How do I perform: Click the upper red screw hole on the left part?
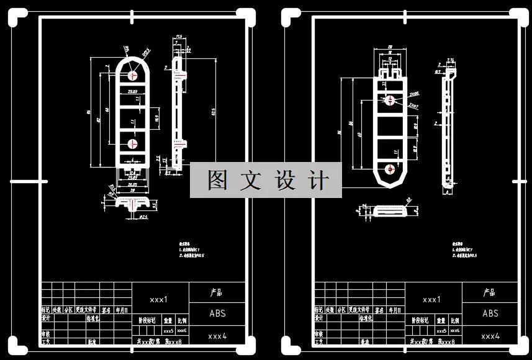(x=133, y=74)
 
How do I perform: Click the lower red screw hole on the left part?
(x=133, y=144)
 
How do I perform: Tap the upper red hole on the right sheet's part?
(x=390, y=99)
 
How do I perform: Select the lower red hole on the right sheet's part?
(x=390, y=168)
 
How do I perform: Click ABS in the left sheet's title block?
(x=217, y=313)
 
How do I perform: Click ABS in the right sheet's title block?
(x=490, y=313)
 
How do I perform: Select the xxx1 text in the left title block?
(x=159, y=299)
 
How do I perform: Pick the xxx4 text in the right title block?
(x=490, y=336)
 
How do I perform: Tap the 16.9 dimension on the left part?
(x=157, y=117)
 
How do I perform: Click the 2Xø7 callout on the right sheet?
(x=413, y=106)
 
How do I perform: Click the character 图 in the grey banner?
(x=219, y=181)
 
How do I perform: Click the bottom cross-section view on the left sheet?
(x=132, y=204)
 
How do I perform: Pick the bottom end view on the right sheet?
(x=389, y=212)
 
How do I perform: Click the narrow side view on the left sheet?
(x=179, y=112)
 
